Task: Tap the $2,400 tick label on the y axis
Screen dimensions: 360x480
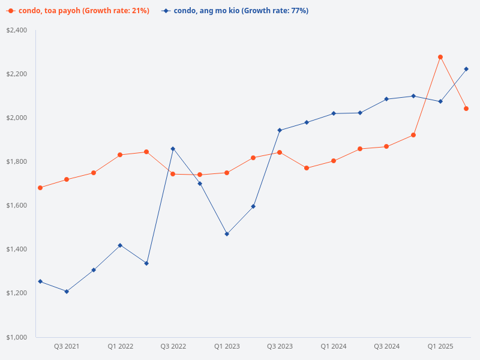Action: (17, 30)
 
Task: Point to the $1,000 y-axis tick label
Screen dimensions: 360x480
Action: (17, 337)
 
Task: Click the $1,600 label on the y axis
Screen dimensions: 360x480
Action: (17, 205)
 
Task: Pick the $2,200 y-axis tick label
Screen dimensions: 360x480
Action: (17, 74)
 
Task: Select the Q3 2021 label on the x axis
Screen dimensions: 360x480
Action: (67, 346)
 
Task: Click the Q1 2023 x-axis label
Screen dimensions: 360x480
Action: (227, 346)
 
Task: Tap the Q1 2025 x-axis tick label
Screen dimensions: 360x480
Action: (440, 346)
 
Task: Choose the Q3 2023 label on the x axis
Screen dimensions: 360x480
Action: (280, 346)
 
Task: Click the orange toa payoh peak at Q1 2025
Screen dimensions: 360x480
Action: (440, 57)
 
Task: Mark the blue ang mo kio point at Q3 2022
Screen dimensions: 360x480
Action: (173, 148)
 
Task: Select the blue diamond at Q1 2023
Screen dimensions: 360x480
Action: (227, 234)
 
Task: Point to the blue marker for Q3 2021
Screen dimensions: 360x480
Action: (67, 292)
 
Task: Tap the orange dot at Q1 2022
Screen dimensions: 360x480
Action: (120, 155)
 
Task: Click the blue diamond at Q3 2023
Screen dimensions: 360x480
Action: (280, 130)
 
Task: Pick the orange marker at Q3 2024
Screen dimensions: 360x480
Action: (386, 146)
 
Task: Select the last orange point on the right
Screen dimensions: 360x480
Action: (466, 109)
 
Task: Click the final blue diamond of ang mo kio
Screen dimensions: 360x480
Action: (466, 69)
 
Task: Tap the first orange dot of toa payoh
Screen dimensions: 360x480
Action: (40, 188)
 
